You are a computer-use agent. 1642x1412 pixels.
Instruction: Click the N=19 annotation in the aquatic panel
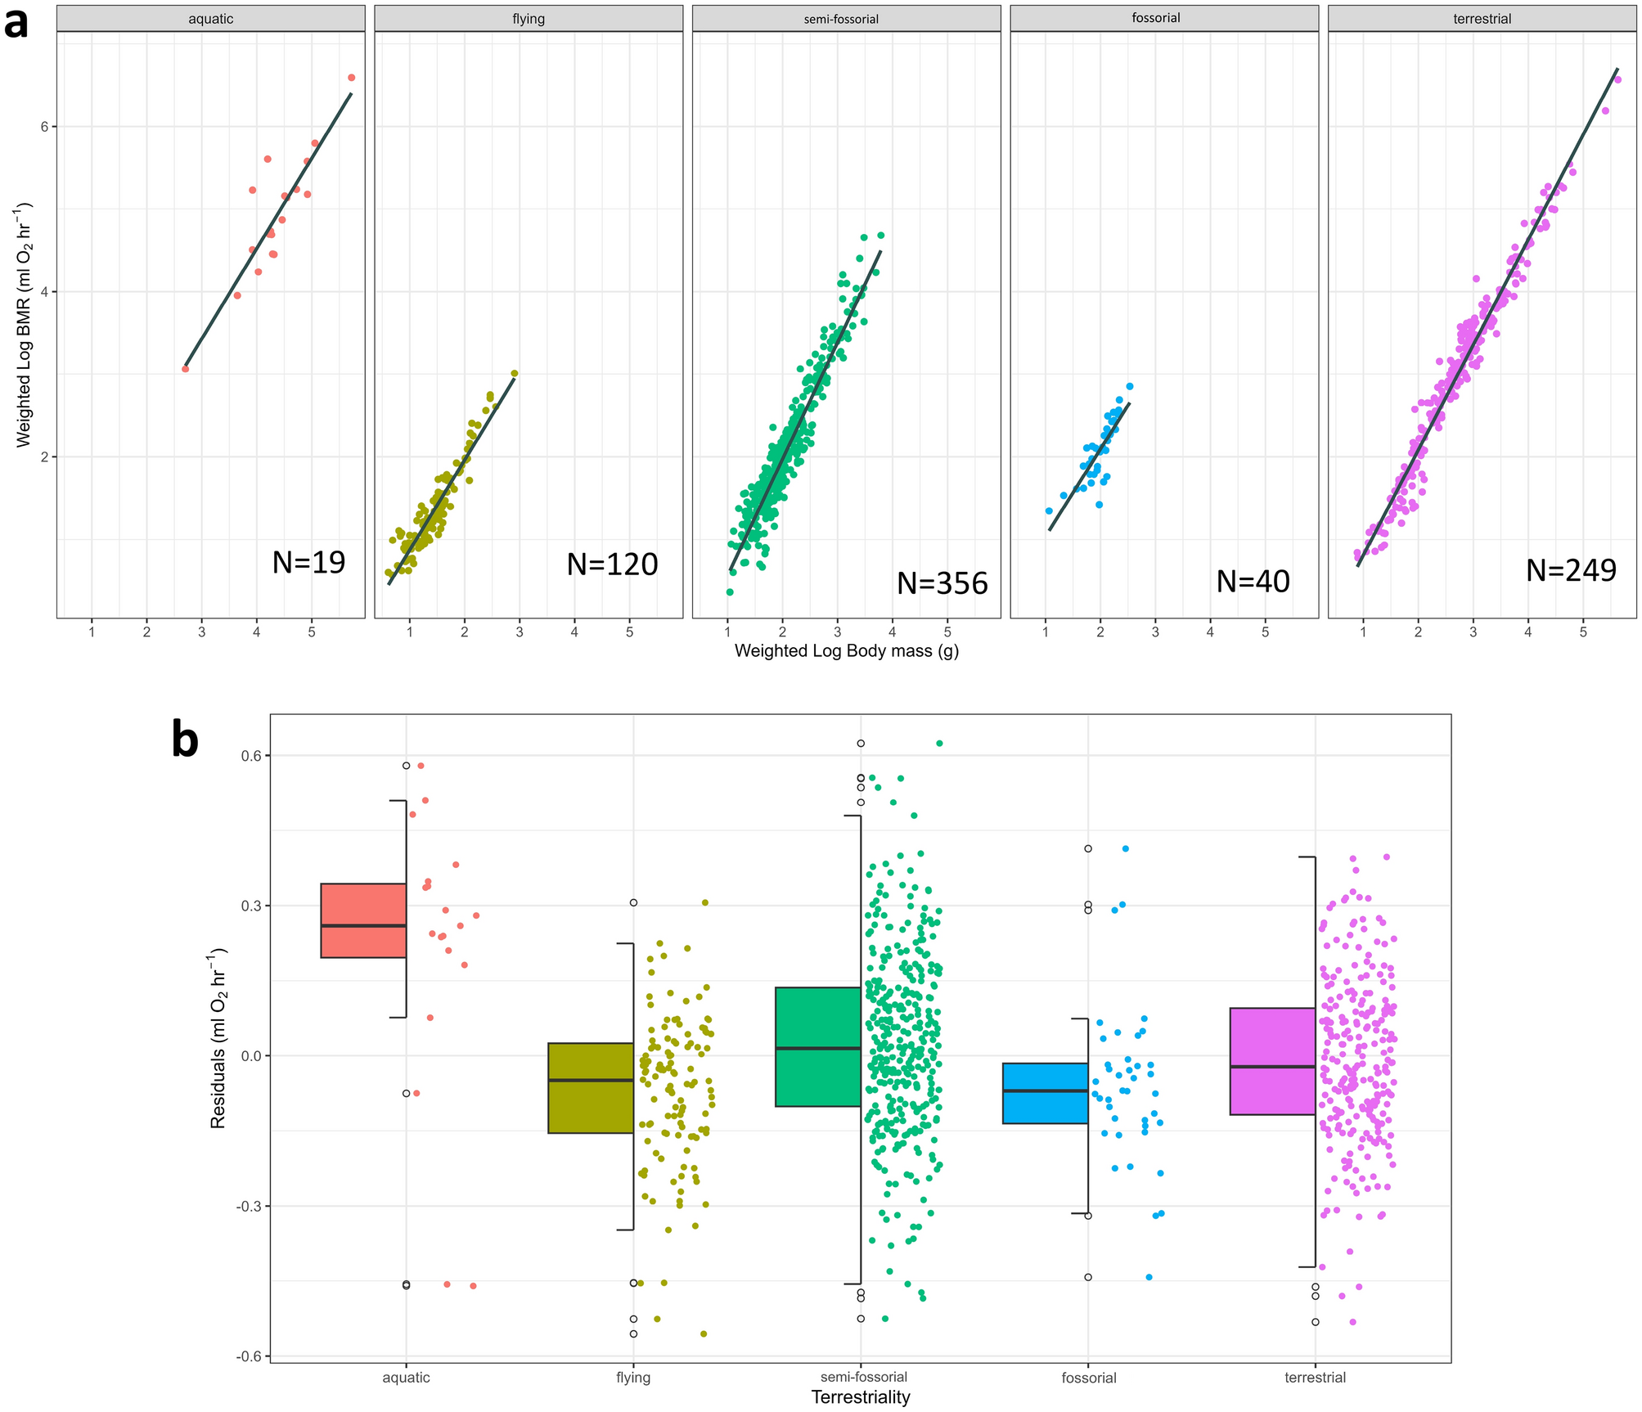[x=308, y=563]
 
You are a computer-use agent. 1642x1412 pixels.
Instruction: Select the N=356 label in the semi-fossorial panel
[x=942, y=583]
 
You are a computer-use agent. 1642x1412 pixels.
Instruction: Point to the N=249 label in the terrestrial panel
[x=1570, y=570]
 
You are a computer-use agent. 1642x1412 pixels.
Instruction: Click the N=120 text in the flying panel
[x=612, y=564]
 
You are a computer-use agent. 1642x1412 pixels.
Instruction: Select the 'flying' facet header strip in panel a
[x=529, y=19]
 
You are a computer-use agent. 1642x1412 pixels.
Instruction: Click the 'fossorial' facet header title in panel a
[x=1155, y=18]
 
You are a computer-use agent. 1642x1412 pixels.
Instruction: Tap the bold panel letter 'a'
[x=16, y=23]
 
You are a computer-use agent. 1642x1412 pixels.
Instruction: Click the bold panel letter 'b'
[x=186, y=740]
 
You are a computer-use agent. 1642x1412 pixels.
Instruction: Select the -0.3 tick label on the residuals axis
[x=247, y=1206]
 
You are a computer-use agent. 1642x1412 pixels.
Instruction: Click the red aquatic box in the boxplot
[x=363, y=920]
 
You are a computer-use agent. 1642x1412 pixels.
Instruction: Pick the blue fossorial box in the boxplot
[x=1045, y=1093]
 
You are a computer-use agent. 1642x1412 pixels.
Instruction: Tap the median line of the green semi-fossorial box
[x=817, y=1048]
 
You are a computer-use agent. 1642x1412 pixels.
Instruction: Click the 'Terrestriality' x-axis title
[x=860, y=1397]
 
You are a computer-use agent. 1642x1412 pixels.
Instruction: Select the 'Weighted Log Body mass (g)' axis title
[x=846, y=651]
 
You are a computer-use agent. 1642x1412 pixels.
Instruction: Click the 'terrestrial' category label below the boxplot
[x=1314, y=1378]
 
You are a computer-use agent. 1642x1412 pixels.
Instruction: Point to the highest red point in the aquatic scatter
[x=351, y=78]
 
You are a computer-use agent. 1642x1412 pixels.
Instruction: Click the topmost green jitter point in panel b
[x=939, y=744]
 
